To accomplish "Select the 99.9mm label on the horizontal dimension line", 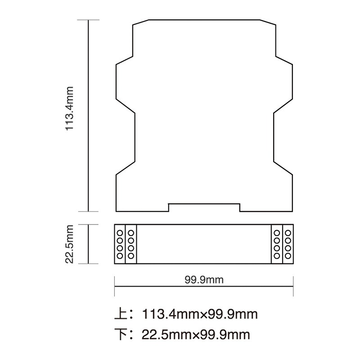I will tap(204, 280).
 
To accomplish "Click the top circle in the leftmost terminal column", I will tap(120, 233).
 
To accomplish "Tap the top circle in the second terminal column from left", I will tap(130, 233).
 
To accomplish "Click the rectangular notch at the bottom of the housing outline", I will tap(204, 207).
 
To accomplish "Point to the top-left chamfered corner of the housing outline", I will tap(140, 22).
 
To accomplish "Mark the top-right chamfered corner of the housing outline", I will tap(267, 22).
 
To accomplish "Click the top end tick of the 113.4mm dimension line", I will tap(88, 20).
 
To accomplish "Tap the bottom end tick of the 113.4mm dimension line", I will tap(88, 211).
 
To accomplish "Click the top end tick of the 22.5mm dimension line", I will tap(88, 225).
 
